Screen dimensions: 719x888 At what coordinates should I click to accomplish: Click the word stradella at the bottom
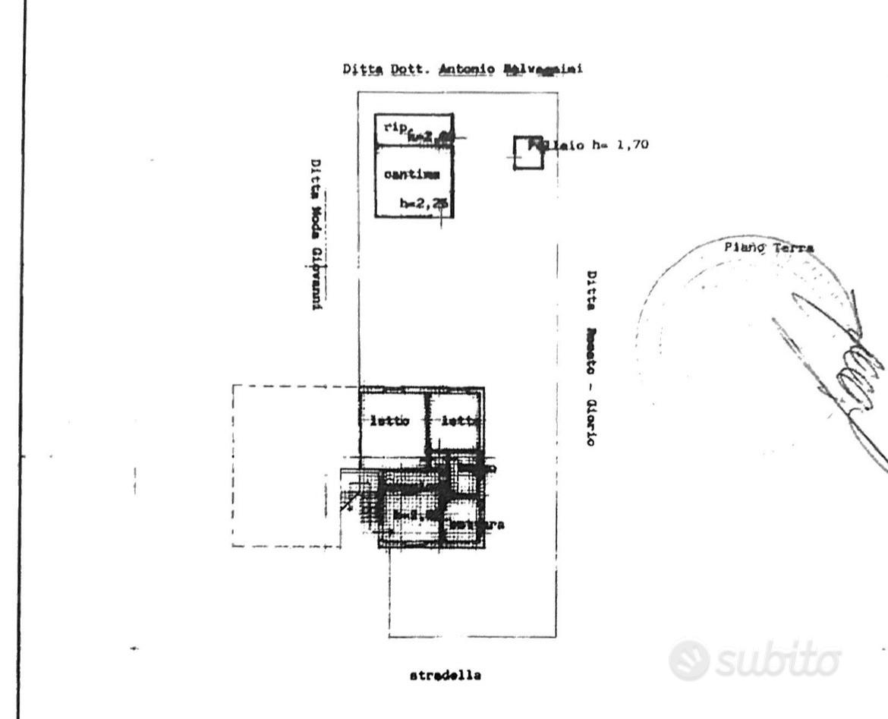click(446, 675)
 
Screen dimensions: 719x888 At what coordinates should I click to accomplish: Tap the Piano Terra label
click(769, 248)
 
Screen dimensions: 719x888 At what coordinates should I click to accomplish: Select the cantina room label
click(411, 175)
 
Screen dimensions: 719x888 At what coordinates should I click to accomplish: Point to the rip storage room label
click(395, 127)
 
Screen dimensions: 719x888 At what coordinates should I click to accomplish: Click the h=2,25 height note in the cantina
click(423, 203)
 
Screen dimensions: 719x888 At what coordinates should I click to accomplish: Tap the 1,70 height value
click(632, 145)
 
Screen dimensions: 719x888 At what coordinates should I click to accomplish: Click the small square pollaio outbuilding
click(527, 153)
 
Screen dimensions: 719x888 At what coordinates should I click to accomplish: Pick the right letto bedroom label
click(460, 421)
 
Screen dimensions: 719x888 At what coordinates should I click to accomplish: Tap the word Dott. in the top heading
click(414, 69)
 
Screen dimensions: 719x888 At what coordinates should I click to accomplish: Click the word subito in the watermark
click(778, 661)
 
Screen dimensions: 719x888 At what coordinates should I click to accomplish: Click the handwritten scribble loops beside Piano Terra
click(854, 376)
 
